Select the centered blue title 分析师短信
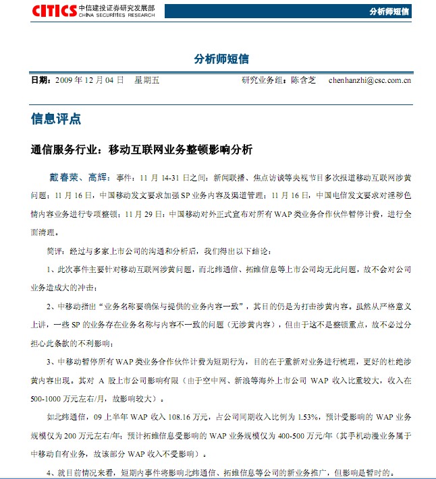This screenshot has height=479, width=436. click(x=217, y=59)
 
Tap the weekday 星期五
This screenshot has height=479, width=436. click(x=147, y=80)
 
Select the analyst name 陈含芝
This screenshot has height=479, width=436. click(x=303, y=80)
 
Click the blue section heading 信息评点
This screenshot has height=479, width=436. click(x=56, y=119)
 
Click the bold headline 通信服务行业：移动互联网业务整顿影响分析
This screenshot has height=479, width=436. click(x=142, y=150)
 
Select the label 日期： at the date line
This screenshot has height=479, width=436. click(x=41, y=80)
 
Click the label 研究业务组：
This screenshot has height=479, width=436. click(x=265, y=80)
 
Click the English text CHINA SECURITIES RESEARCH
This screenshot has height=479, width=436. click(x=116, y=14)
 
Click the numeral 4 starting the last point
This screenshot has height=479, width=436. click(x=50, y=473)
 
